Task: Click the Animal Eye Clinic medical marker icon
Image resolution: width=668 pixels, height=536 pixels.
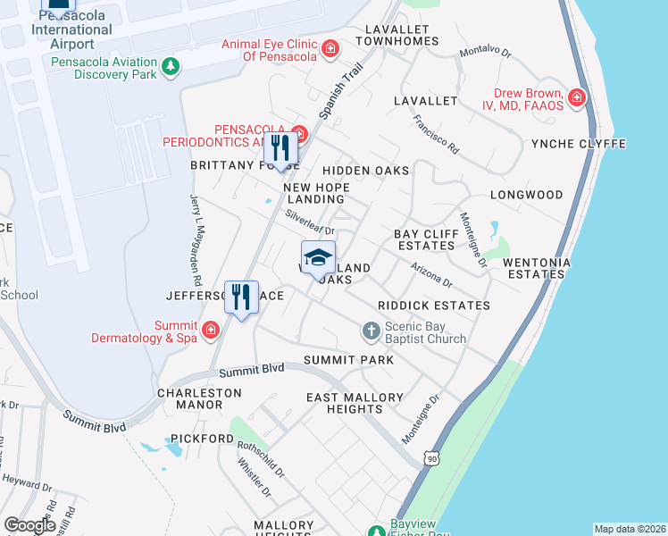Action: (330, 48)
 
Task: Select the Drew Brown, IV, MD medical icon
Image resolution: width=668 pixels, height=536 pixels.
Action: (577, 96)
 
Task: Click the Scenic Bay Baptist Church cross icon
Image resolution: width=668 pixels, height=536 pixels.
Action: (372, 331)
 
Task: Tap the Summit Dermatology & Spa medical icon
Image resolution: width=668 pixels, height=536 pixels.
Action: (210, 331)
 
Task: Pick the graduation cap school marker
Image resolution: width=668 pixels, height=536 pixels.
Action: (318, 258)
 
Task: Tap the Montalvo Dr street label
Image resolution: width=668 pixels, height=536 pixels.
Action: (485, 53)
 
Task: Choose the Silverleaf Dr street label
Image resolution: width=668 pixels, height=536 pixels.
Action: (309, 222)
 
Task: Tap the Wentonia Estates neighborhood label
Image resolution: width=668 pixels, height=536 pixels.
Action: (534, 268)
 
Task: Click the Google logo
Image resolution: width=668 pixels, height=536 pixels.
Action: (29, 525)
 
